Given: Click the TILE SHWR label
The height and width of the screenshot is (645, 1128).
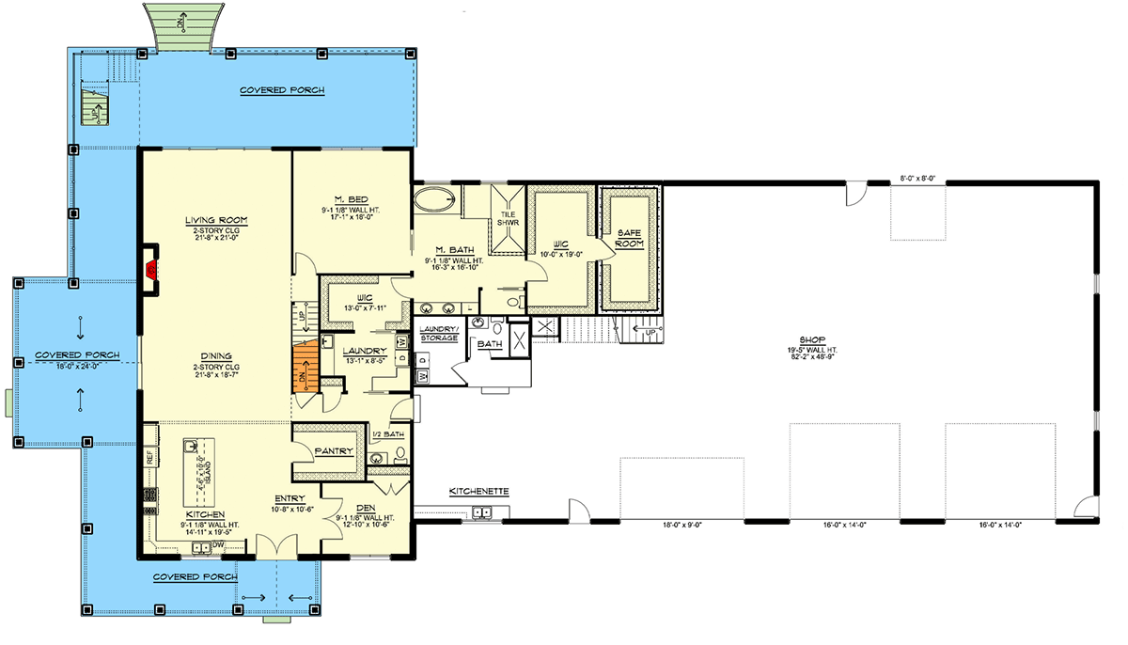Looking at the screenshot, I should (x=508, y=219).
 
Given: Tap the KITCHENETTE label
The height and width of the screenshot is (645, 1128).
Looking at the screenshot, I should (x=478, y=491).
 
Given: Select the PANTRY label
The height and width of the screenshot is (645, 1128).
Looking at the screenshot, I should (x=333, y=451).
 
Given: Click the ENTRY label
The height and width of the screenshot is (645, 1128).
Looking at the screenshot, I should (x=288, y=499).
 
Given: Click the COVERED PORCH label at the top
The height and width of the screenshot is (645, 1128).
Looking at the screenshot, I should (x=282, y=90).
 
